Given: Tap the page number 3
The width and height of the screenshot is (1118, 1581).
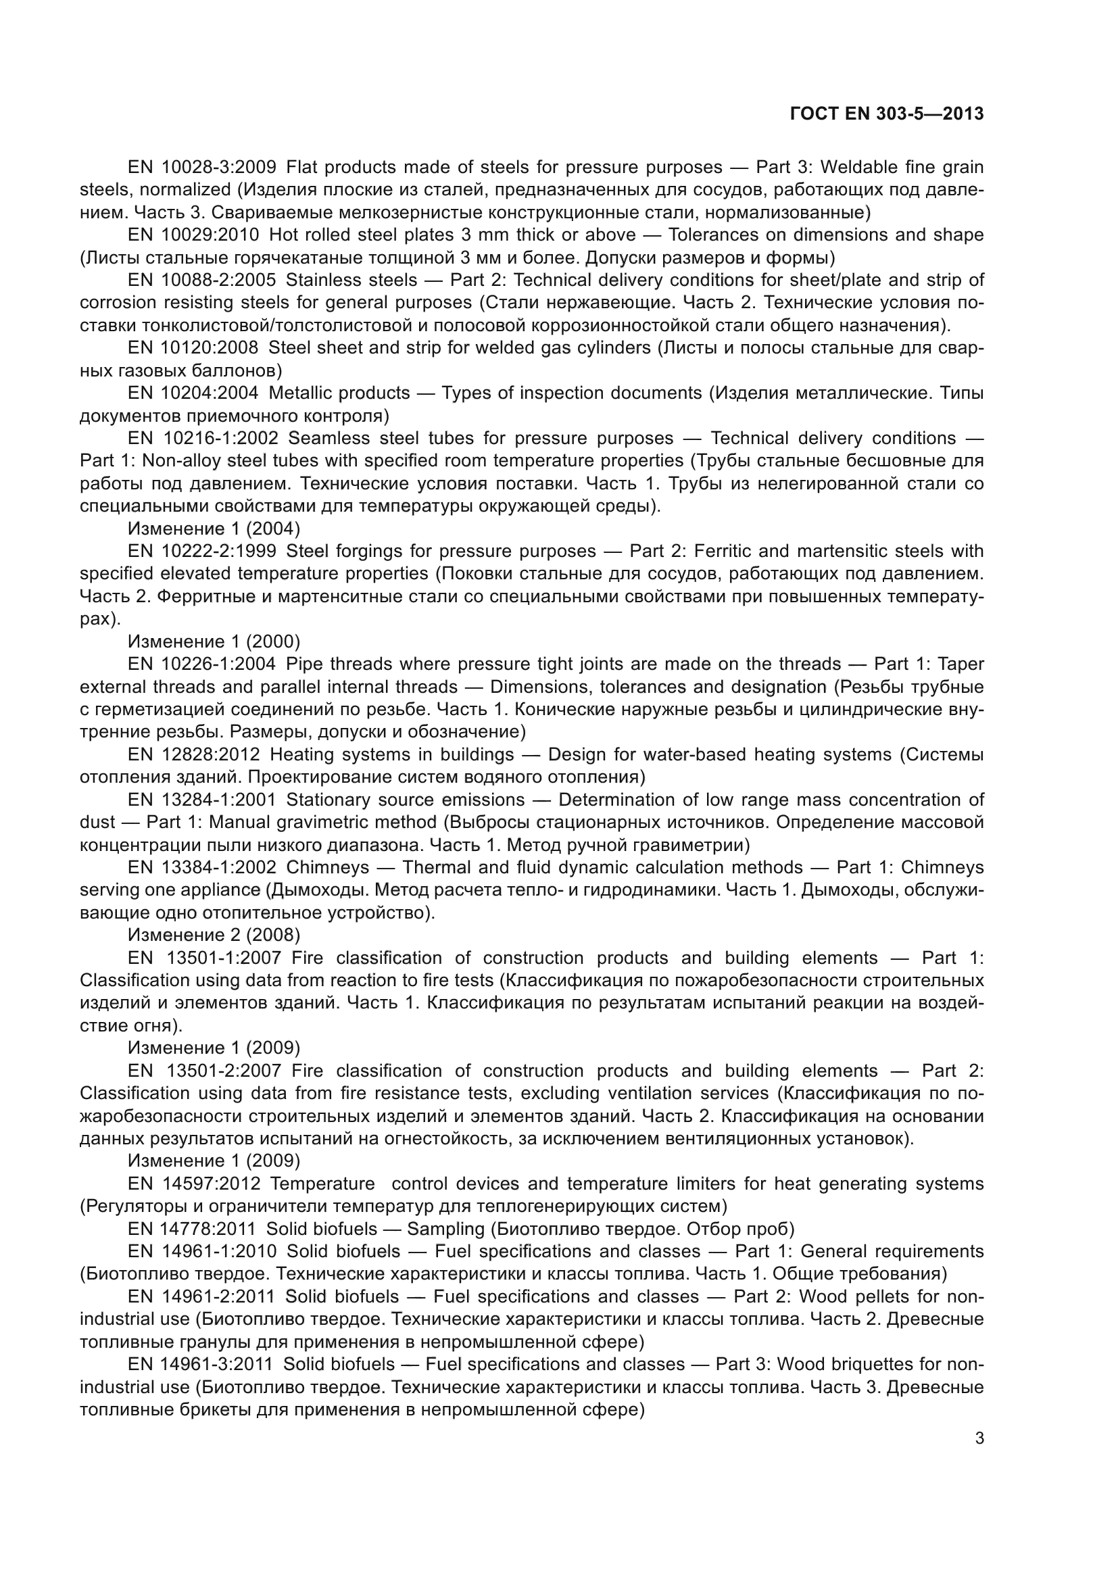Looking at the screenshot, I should (979, 1438).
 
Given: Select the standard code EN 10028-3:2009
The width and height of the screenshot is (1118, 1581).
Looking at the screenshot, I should (201, 168).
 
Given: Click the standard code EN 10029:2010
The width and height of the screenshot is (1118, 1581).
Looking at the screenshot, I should (193, 235).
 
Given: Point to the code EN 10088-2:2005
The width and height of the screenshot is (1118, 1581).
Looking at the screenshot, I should (201, 281).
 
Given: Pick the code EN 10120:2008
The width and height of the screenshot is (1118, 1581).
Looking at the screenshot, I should (193, 347).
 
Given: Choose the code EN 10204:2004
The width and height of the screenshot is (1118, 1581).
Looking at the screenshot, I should (193, 393).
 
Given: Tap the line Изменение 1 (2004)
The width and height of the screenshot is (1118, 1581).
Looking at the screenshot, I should (214, 529).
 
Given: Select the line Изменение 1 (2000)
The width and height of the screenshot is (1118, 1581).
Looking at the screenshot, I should (214, 641).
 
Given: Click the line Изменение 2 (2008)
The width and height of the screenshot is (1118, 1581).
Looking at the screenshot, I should (214, 935).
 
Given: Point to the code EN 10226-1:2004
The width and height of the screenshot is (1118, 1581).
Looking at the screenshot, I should (201, 664).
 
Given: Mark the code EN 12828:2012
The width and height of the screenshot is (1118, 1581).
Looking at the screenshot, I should (193, 755).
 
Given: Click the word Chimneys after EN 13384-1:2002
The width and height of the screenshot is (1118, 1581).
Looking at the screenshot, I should (328, 868).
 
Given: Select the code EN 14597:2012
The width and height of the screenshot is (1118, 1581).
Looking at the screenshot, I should (194, 1184).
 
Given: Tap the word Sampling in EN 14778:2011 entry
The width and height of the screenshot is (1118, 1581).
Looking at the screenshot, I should (446, 1229).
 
